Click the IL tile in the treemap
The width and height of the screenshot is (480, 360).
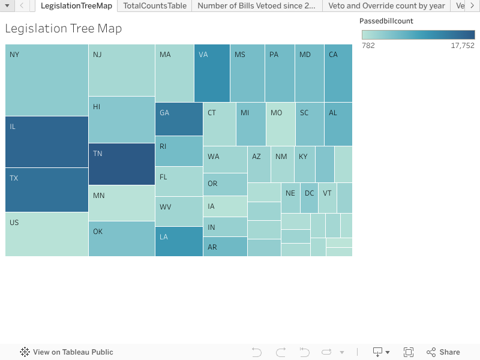point(47,142)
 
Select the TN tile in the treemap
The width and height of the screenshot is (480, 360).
point(122,164)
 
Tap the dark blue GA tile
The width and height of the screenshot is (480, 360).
point(179,119)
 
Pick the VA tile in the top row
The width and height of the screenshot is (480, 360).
point(212,73)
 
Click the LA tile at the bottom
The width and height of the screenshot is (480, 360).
point(179,241)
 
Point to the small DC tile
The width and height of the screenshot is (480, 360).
point(309,198)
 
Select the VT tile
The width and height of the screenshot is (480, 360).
point(327,198)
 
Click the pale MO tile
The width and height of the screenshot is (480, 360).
point(281,124)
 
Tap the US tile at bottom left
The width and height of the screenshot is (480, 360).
point(47,234)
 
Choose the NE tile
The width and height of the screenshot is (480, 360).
point(290,198)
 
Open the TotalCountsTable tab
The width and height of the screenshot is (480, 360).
point(155,5)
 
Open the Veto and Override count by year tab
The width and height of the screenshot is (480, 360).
point(386,5)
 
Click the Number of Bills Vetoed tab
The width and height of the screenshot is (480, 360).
point(257,5)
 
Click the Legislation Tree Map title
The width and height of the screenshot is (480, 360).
point(63,29)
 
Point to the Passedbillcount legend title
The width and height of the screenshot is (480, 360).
point(386,21)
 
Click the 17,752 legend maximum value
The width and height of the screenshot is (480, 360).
point(462,45)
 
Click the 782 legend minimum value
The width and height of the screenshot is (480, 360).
point(368,45)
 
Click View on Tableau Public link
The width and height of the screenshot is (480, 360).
point(67,352)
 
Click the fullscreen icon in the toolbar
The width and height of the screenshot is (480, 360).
point(409,352)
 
